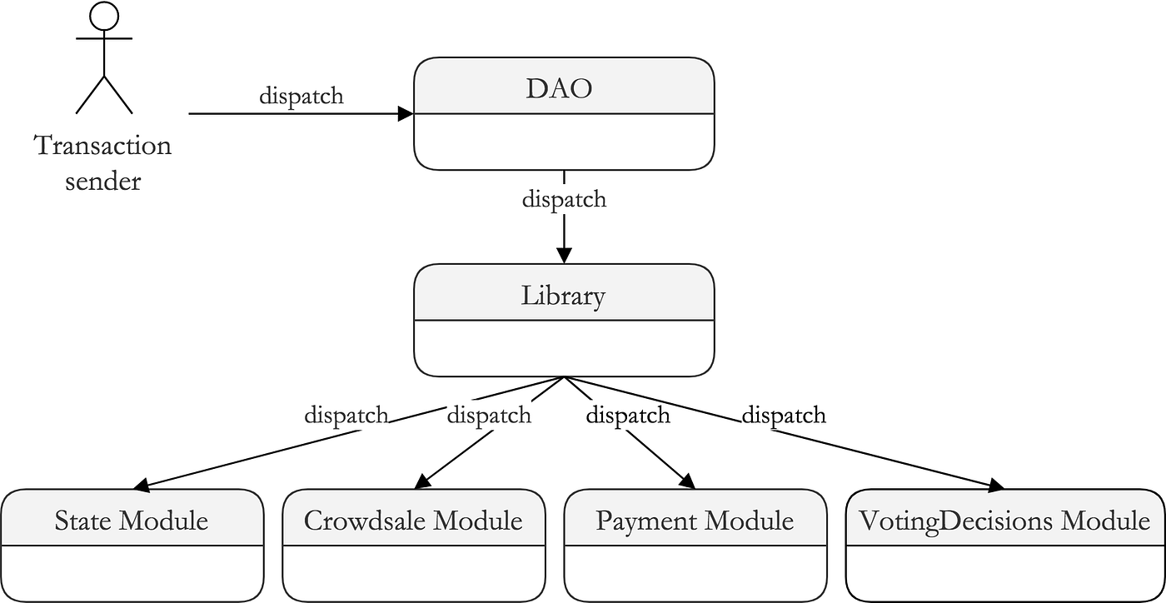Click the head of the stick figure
[104, 17]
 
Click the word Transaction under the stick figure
[102, 146]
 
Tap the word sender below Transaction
[102, 181]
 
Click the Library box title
[564, 295]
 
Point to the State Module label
[132, 521]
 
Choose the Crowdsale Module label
[413, 521]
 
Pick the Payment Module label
[695, 521]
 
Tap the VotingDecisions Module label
[1004, 521]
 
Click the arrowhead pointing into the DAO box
[406, 114]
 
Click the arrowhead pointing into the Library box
[564, 255]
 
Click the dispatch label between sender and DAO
[301, 96]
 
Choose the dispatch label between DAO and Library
[564, 200]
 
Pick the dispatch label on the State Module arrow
[346, 414]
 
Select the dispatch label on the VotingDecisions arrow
[784, 414]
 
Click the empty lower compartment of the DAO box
[564, 142]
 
